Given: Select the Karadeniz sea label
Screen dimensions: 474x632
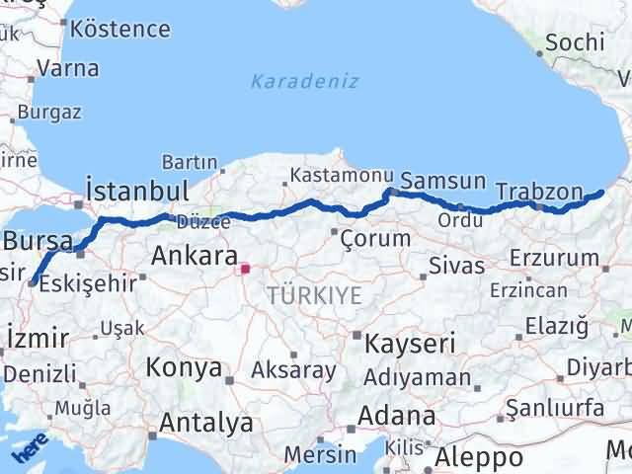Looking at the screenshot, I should coord(304,81).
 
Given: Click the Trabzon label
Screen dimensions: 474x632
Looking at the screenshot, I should coord(561,191).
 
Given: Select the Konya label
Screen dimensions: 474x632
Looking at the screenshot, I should coord(184,367).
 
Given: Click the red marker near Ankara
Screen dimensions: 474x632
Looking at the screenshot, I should coord(245,267).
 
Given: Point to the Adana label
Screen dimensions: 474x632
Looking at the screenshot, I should coord(398,416).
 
